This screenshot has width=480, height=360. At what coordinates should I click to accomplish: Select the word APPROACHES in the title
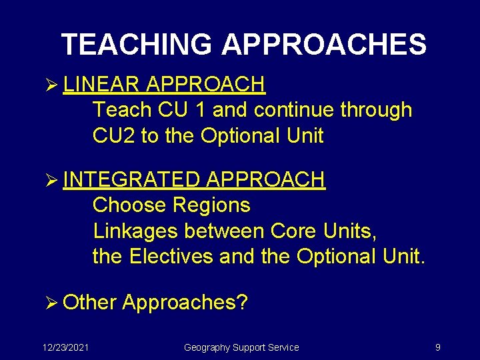pyautogui.click(x=324, y=45)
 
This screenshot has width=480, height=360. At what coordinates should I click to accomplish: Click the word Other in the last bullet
pyautogui.click(x=90, y=303)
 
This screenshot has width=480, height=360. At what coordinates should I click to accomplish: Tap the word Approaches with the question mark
pyautogui.click(x=185, y=303)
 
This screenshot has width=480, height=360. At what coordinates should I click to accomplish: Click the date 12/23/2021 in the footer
pyautogui.click(x=66, y=347)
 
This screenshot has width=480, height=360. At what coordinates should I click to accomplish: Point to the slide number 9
pyautogui.click(x=437, y=347)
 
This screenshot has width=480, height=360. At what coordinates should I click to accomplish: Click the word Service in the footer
pyautogui.click(x=283, y=347)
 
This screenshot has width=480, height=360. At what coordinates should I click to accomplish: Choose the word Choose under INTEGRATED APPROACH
pyautogui.click(x=129, y=205)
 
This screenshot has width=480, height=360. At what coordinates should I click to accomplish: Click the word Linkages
pyautogui.click(x=136, y=231)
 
